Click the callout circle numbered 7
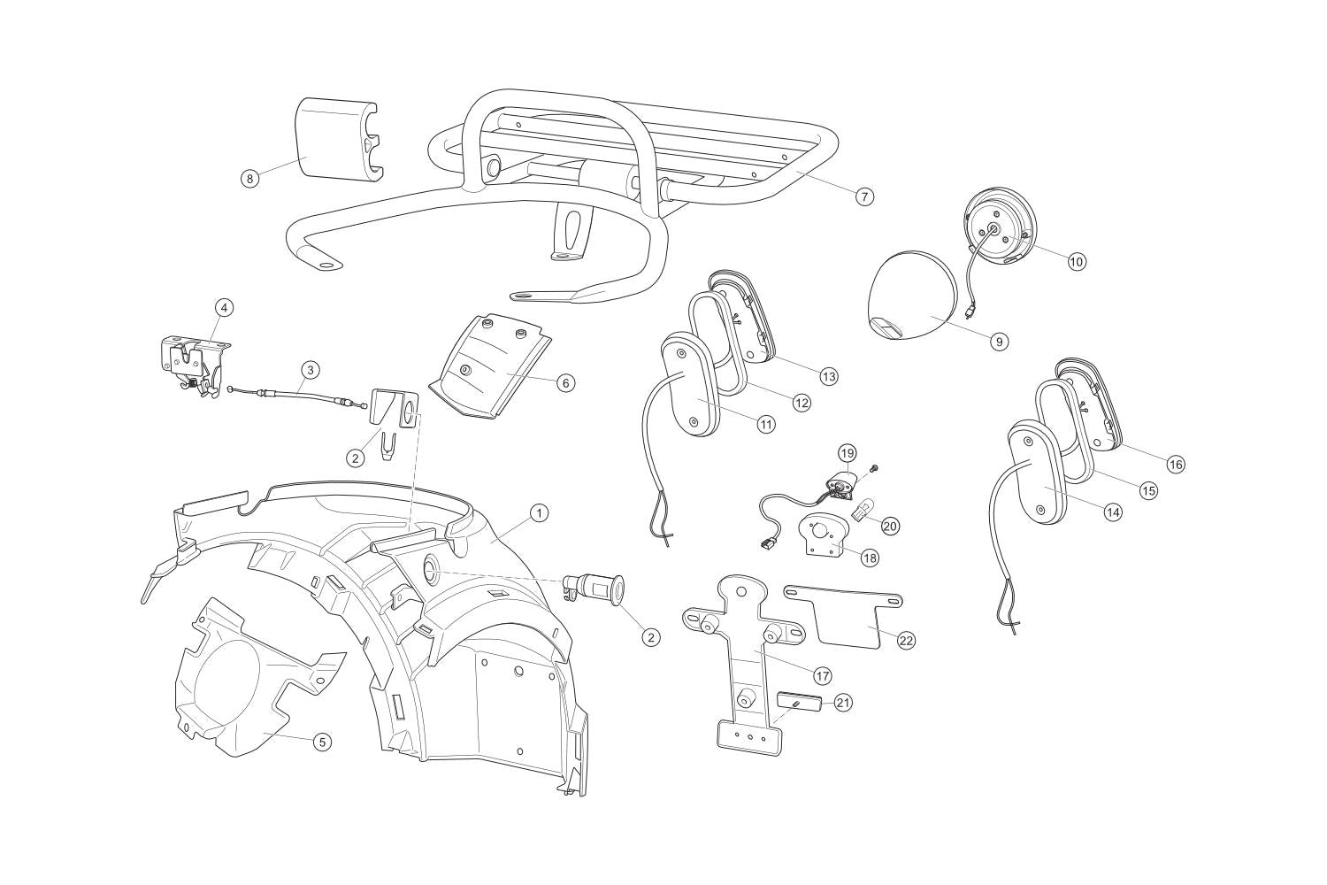864,196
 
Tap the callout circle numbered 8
250,178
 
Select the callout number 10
1077,261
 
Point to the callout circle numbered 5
321,742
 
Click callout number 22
906,640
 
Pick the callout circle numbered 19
848,453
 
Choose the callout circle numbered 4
224,307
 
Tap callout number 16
1176,465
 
